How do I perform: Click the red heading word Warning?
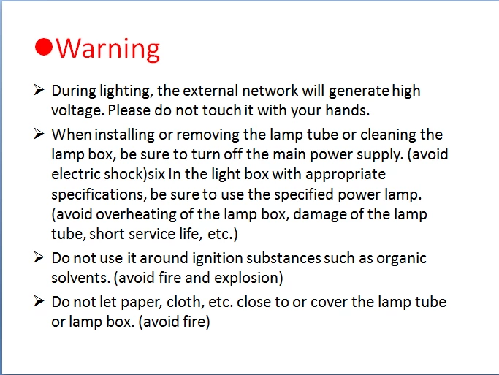click(x=107, y=48)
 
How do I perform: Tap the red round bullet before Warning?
click(x=43, y=47)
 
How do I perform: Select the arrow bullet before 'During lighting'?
click(x=39, y=90)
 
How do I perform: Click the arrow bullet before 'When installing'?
click(x=39, y=134)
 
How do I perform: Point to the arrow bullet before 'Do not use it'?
click(x=39, y=257)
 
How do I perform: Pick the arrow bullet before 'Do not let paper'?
click(x=39, y=301)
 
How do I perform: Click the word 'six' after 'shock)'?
click(x=156, y=175)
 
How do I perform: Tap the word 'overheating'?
click(x=136, y=215)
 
